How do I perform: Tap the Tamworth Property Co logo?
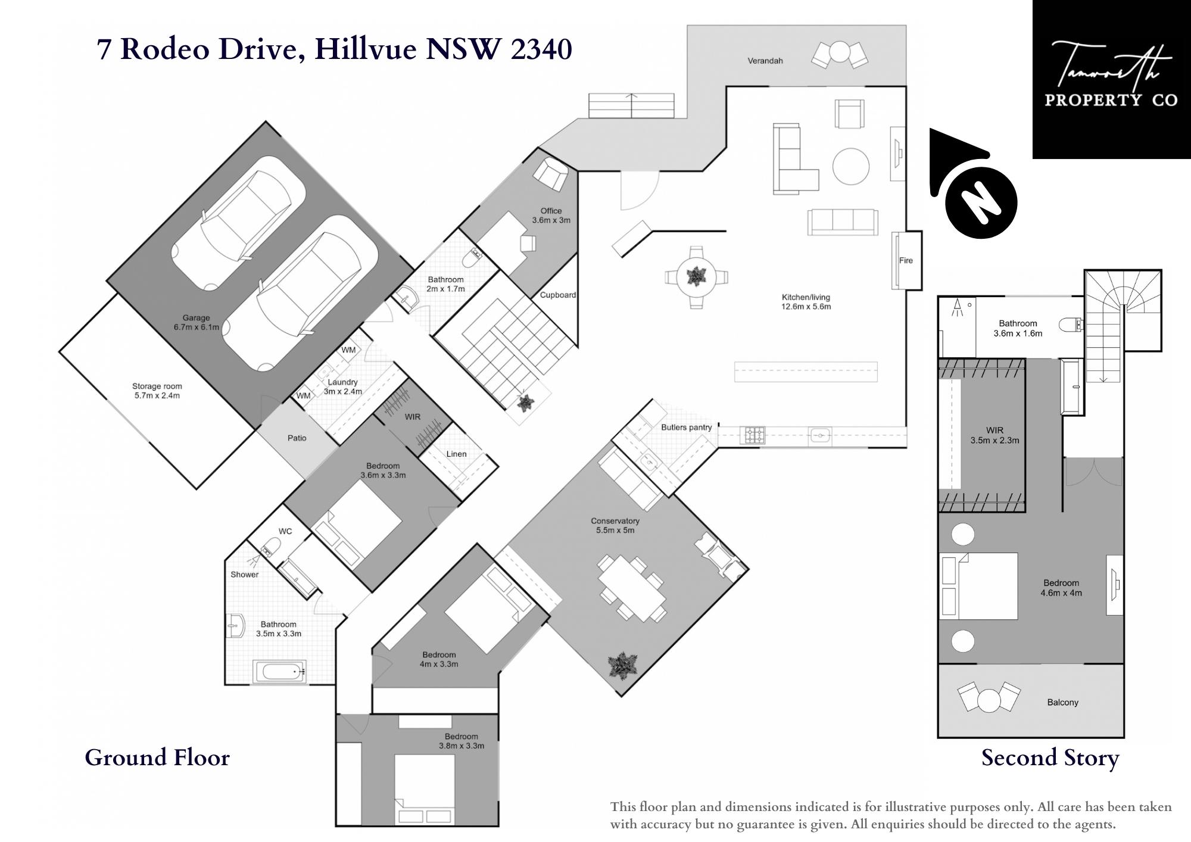(x=1111, y=79)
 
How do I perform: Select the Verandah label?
(x=765, y=61)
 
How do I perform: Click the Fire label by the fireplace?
(x=906, y=260)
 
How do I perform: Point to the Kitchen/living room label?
(x=806, y=302)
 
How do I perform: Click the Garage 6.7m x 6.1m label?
(x=196, y=322)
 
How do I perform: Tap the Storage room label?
(x=157, y=391)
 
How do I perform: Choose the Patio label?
(x=297, y=438)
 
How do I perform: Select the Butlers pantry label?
(x=687, y=427)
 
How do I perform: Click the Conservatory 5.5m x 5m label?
(x=615, y=525)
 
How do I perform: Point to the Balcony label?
(x=1063, y=702)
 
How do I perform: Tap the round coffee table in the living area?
(x=851, y=166)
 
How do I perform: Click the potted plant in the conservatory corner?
(x=623, y=665)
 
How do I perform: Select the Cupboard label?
(x=558, y=295)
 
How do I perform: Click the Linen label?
(x=457, y=454)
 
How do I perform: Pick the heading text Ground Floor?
(x=157, y=757)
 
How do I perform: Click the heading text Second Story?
(x=1050, y=758)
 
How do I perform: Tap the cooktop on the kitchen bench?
(x=752, y=435)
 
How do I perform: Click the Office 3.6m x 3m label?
(x=551, y=215)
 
